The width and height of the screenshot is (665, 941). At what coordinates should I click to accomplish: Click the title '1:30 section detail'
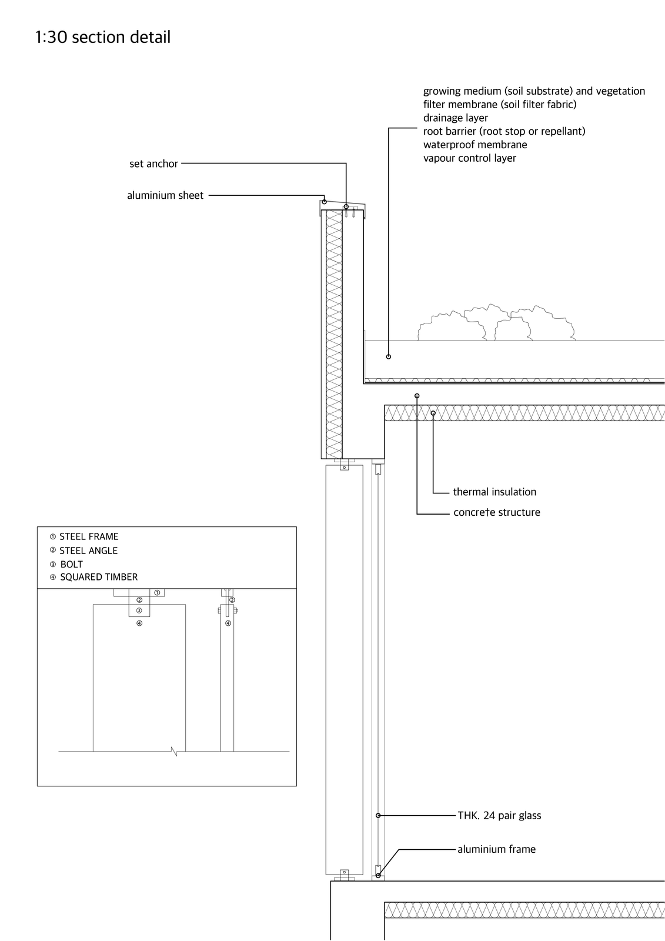coord(103,37)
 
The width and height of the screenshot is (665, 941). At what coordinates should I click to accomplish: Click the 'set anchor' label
coord(153,163)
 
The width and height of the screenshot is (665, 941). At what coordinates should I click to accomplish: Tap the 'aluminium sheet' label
coord(165,195)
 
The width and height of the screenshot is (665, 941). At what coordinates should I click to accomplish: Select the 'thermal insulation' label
coord(494,492)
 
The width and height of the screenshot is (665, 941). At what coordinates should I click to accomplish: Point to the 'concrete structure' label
coord(496,512)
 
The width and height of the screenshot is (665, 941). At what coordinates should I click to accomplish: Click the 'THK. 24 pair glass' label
coord(500,815)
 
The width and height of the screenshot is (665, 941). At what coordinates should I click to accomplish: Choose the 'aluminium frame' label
coord(496,849)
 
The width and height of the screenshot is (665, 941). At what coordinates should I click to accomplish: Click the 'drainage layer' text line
coord(455,118)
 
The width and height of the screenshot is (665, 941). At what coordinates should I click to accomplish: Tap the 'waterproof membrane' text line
coord(475,145)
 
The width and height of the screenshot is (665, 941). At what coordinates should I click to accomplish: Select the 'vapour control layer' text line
coord(470,158)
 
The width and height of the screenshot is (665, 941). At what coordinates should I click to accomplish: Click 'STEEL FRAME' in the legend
coord(89,536)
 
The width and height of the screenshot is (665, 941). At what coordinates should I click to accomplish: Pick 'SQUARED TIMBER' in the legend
coord(99,577)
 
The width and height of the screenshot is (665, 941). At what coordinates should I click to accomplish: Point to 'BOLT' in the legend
coord(71,564)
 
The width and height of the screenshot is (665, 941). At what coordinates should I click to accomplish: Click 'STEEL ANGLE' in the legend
coord(88,550)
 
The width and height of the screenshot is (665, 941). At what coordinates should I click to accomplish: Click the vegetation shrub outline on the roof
coord(496,323)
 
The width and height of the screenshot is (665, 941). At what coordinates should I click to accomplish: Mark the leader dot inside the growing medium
coord(389,356)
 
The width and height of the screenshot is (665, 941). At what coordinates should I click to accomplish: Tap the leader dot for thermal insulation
coord(433,413)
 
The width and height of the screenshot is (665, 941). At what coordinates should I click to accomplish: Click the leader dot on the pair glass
coord(378,815)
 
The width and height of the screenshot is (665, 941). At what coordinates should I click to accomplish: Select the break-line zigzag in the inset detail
coord(175,752)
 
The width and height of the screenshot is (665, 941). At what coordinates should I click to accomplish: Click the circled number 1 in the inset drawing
coord(157,593)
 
